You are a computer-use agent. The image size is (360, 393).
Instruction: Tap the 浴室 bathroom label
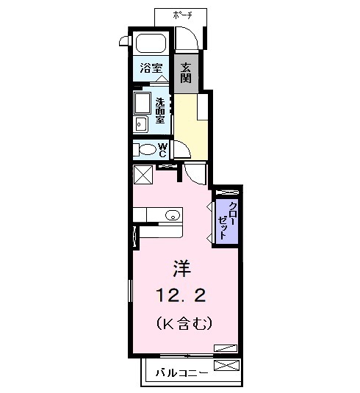coord(151,68)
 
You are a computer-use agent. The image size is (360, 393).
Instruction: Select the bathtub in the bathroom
coord(151,43)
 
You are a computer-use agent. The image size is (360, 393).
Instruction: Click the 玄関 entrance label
coord(185,71)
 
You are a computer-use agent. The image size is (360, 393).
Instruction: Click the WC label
coord(163,150)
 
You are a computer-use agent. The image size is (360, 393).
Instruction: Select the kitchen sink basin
coord(172,215)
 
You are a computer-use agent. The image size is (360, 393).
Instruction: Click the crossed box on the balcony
coord(226,365)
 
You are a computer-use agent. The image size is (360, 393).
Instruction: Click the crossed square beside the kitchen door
coord(143,176)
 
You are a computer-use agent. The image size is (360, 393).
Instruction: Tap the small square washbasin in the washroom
coord(140,124)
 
